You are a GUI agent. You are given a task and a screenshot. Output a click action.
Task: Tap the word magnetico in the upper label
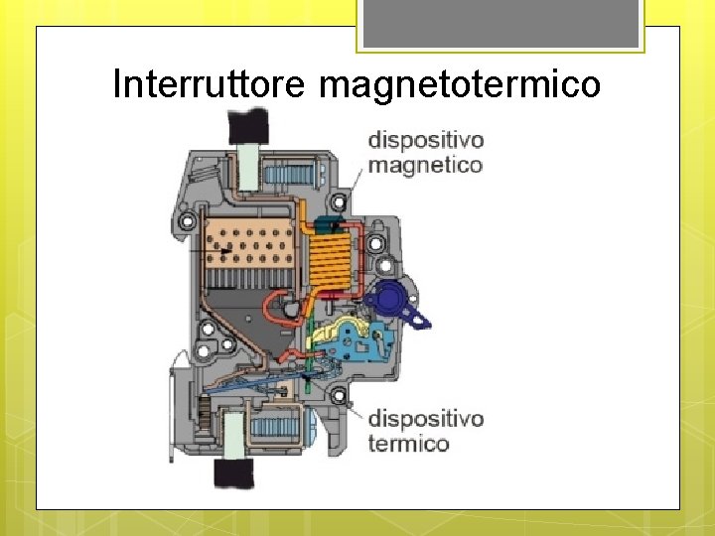pyautogui.click(x=425, y=165)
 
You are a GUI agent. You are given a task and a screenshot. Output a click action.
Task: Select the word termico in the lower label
pyautogui.click(x=408, y=443)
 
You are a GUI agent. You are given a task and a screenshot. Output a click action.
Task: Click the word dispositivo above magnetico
pyautogui.click(x=425, y=141)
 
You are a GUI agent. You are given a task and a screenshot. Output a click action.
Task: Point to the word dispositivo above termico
pyautogui.click(x=425, y=418)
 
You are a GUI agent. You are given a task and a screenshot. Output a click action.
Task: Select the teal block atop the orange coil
pyautogui.click(x=328, y=226)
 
